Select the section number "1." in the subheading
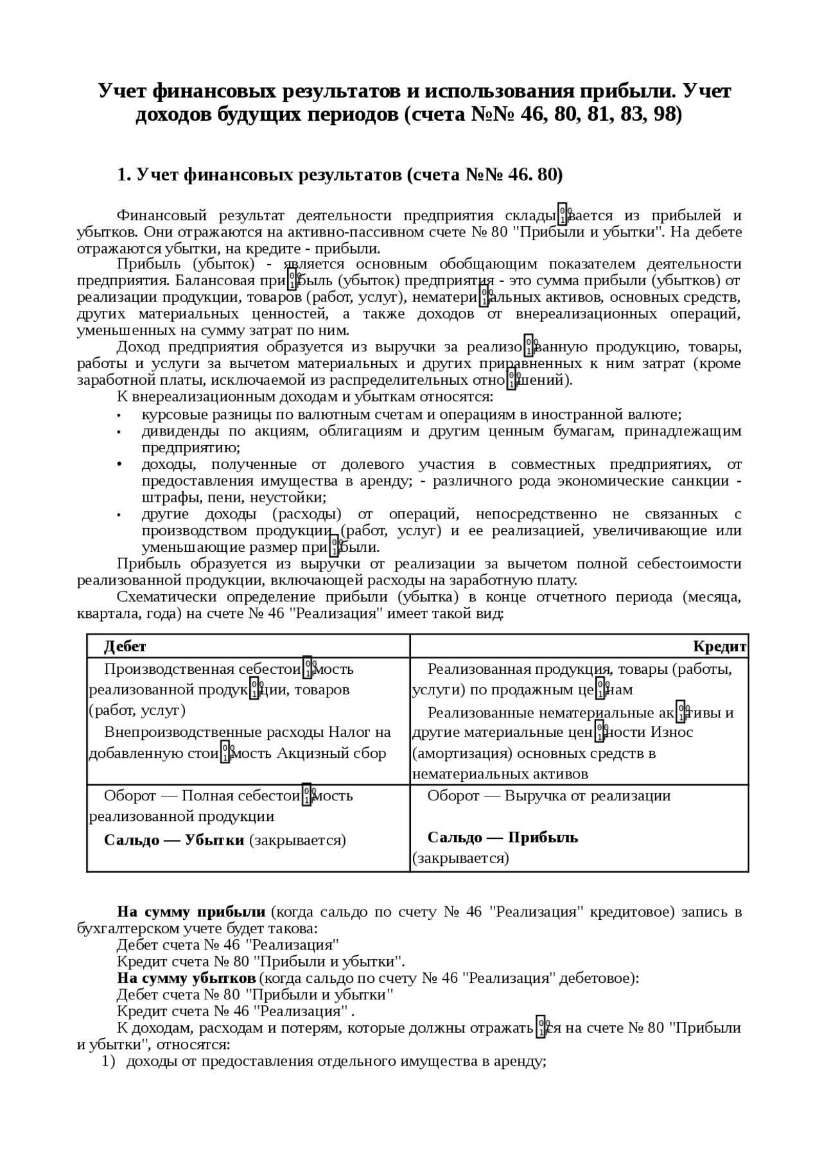[124, 175]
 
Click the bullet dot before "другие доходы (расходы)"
[119, 515]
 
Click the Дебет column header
[125, 646]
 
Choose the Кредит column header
[720, 646]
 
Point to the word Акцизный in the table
[306, 753]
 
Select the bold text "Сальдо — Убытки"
[174, 840]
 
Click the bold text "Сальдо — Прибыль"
[503, 838]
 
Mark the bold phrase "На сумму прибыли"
[191, 911]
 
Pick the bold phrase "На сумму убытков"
[186, 978]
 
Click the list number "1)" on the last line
[109, 1061]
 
